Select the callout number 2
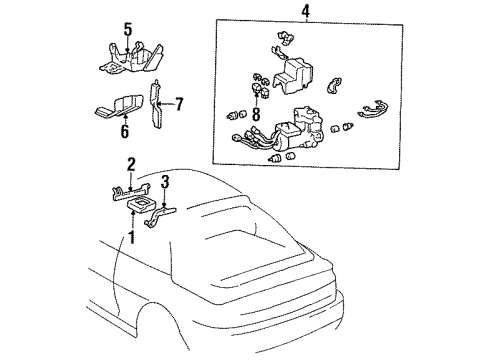(131, 163)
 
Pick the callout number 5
(127, 27)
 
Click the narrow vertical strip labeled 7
(157, 105)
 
